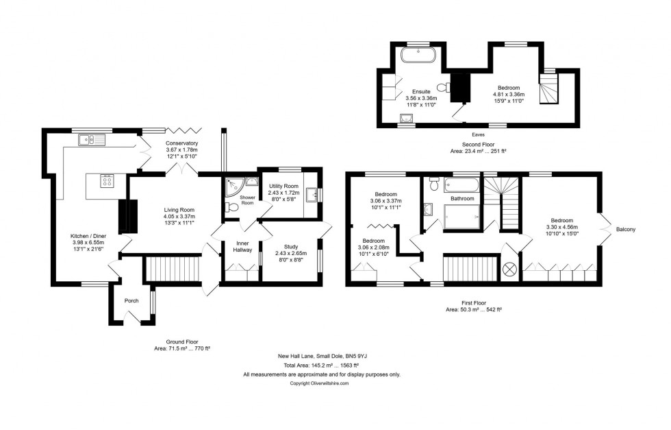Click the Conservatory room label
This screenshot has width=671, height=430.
181,143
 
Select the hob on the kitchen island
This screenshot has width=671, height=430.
107,181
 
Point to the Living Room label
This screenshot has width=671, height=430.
179,210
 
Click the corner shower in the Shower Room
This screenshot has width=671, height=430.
233,184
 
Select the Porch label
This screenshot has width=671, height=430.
131,301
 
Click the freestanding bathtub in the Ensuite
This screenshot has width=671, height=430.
413,55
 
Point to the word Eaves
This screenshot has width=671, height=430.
469,134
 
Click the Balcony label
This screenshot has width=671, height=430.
626,229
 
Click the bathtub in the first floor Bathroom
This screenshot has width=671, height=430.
459,185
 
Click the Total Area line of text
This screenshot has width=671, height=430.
322,366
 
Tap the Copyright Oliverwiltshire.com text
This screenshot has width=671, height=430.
320,383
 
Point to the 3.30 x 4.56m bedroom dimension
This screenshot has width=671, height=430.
561,227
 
